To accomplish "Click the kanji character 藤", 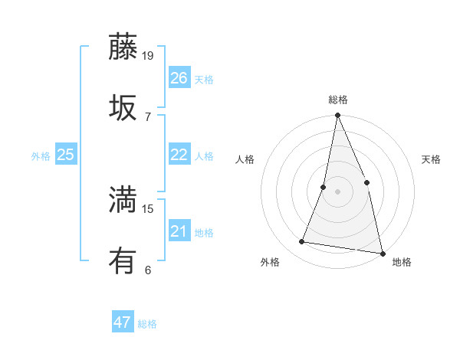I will coord(123,47).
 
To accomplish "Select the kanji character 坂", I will coord(123,108).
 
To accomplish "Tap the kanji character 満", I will coord(123,201).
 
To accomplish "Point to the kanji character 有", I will coord(123,262).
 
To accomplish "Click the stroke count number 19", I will coord(149,55).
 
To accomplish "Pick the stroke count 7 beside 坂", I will coord(148,116).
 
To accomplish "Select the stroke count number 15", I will coord(149,208).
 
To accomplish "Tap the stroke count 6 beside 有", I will coord(148,270).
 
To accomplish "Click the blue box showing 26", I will coord(179,78).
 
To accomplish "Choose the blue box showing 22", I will coord(179,155).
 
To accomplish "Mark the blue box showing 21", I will coord(179,231).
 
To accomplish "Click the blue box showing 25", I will coord(66,155).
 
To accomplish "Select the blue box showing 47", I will coord(123,322).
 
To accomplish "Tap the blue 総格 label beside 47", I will coord(147,324).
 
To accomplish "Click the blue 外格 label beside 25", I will coord(41,156).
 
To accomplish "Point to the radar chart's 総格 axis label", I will coord(338,100).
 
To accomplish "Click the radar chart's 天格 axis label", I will coord(431,159).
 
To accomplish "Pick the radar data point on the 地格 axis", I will coord(381,252).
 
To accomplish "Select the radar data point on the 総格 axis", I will coord(337,116).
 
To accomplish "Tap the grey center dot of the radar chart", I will coord(337,191).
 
